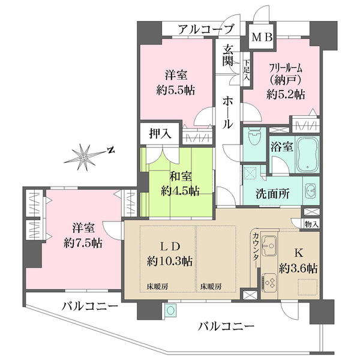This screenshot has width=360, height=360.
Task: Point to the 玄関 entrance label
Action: click(x=229, y=55)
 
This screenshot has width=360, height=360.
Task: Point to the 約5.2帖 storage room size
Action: click(x=286, y=94)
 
